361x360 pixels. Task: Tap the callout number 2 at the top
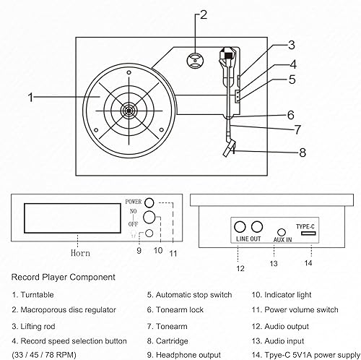tap(204, 14)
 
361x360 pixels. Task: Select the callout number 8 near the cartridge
tap(303, 153)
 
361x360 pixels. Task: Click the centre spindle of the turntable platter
tap(129, 111)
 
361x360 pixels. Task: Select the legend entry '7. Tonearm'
tap(168, 325)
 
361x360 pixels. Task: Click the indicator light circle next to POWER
tap(149, 202)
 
